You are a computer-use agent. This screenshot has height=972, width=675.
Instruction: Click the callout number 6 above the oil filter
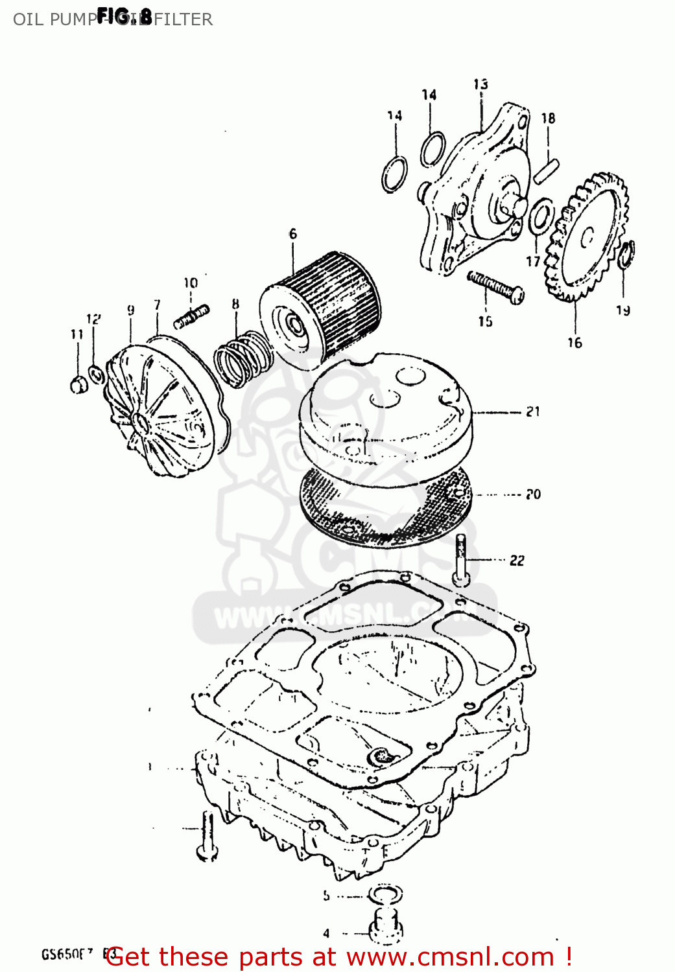293,234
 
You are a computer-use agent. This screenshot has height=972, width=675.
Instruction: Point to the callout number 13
480,84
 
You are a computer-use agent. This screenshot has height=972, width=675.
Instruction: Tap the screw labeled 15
495,286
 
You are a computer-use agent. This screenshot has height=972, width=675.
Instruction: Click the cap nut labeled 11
78,384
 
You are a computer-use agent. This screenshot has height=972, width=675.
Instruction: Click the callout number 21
533,411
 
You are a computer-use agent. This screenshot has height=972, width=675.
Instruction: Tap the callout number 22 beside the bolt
517,561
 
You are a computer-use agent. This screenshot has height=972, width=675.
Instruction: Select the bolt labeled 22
461,560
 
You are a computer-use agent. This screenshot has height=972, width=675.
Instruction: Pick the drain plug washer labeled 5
385,896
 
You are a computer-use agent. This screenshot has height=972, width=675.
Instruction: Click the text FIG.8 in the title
124,16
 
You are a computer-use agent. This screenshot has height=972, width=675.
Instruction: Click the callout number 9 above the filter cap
131,310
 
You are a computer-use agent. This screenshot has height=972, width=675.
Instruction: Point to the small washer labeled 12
95,374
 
